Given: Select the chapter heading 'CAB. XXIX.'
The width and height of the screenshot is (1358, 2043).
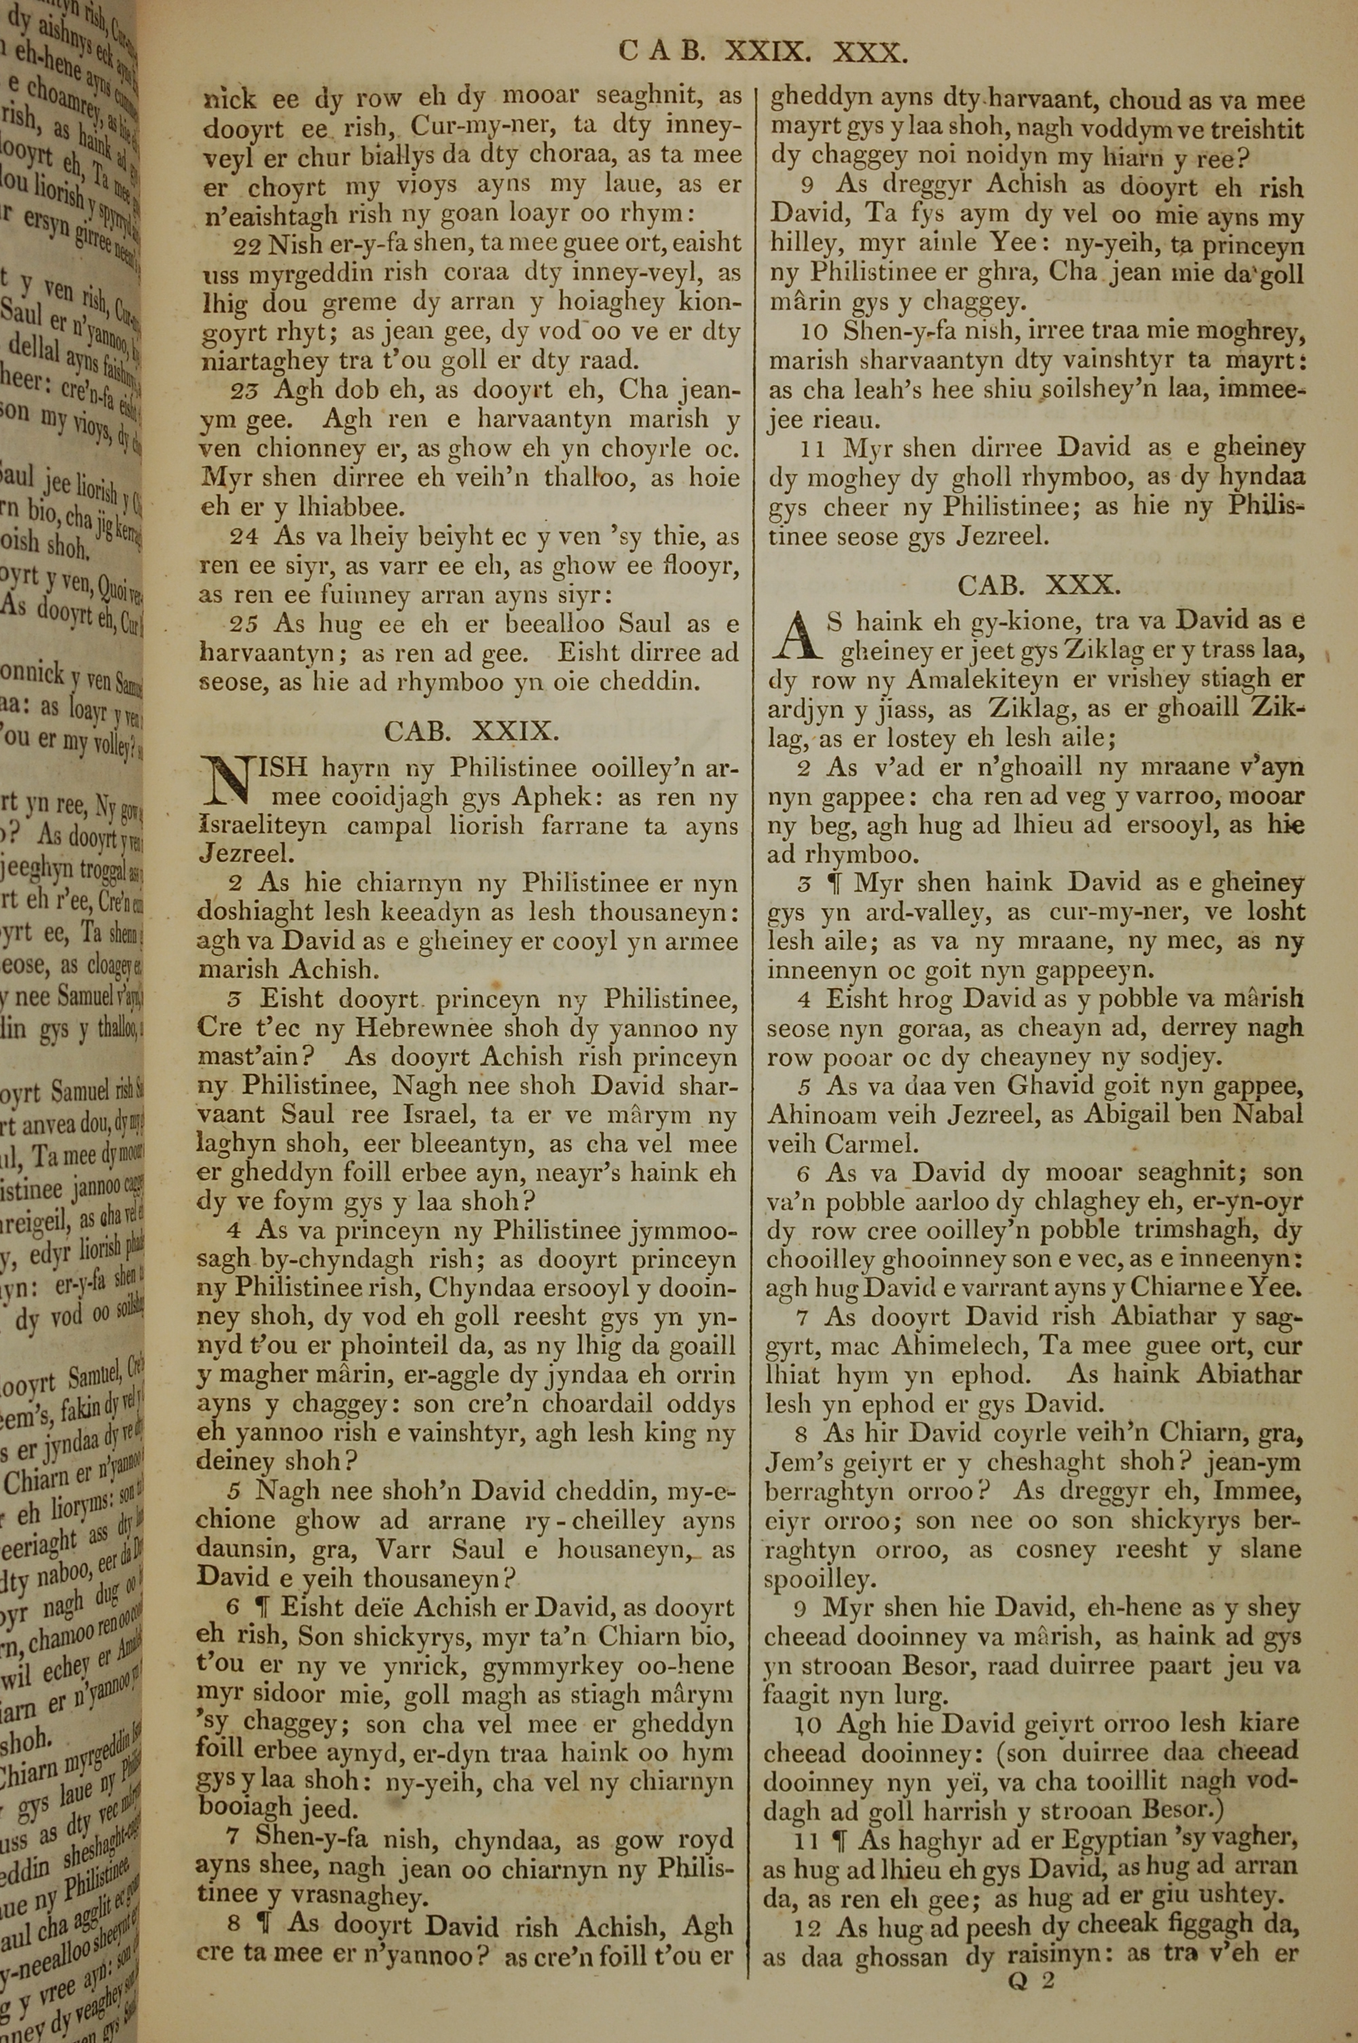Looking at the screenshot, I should click(x=472, y=731).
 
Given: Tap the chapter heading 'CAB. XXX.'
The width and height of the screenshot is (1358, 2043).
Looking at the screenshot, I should click(x=1038, y=586).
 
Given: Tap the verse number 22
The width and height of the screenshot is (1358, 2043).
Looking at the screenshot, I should click(x=247, y=246).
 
